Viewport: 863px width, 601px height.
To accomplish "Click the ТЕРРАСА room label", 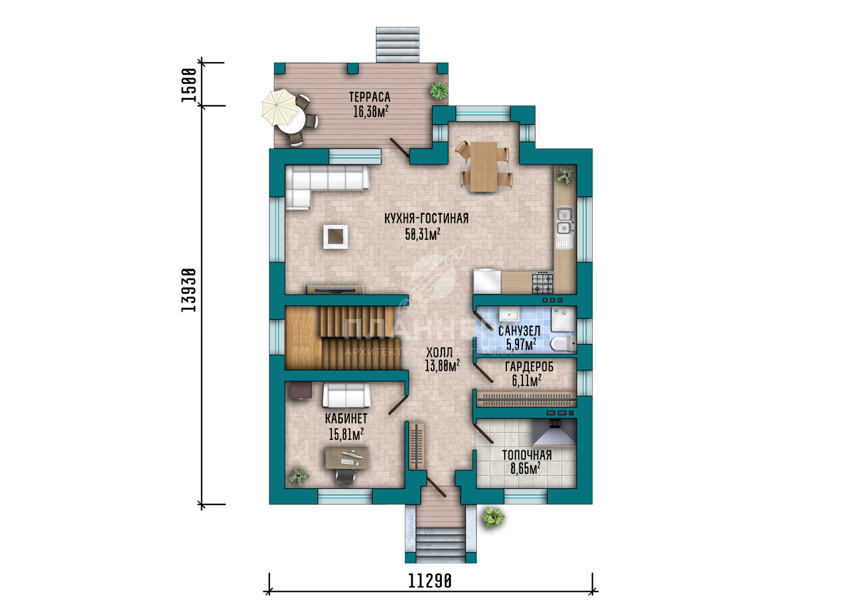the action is [x=369, y=97].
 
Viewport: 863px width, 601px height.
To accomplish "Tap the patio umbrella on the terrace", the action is [x=280, y=108].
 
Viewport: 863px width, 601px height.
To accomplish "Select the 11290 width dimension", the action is [x=430, y=581].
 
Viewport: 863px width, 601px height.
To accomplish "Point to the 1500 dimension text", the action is [x=189, y=85].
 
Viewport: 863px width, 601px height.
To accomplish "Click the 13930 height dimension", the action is [x=189, y=290].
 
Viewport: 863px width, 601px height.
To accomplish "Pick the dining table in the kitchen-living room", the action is [x=483, y=166].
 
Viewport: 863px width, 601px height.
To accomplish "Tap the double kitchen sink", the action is [x=564, y=221].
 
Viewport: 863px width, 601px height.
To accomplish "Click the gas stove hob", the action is [x=543, y=282].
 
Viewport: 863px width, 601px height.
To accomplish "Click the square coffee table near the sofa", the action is [x=335, y=236].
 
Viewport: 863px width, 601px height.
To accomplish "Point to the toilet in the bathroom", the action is [x=563, y=344].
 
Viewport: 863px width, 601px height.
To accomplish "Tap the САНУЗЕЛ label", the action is [x=519, y=331].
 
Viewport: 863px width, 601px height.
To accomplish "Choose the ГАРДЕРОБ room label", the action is [x=529, y=367].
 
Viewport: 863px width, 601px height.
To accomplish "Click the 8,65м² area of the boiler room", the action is [x=525, y=469].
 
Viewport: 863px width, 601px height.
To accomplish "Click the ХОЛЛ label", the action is [x=439, y=353].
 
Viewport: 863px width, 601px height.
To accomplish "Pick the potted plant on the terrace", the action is [x=439, y=90].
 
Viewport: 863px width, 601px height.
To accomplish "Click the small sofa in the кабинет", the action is [x=346, y=395].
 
